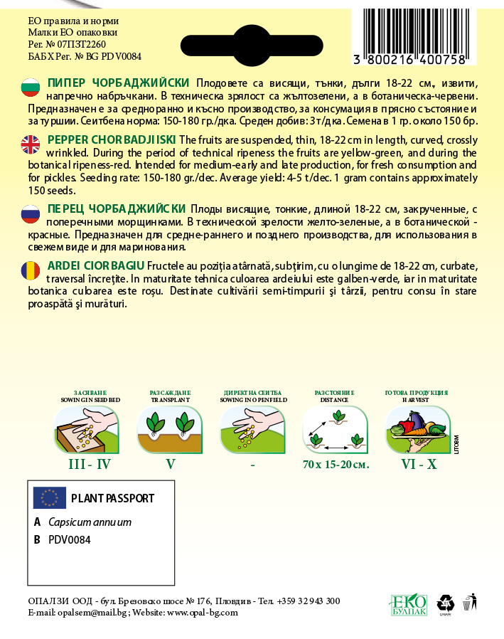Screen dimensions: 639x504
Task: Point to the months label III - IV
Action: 88,465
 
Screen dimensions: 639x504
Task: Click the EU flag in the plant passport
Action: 50,497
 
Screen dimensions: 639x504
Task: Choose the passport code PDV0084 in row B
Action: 70,539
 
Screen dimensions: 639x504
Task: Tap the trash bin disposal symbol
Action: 468,603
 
